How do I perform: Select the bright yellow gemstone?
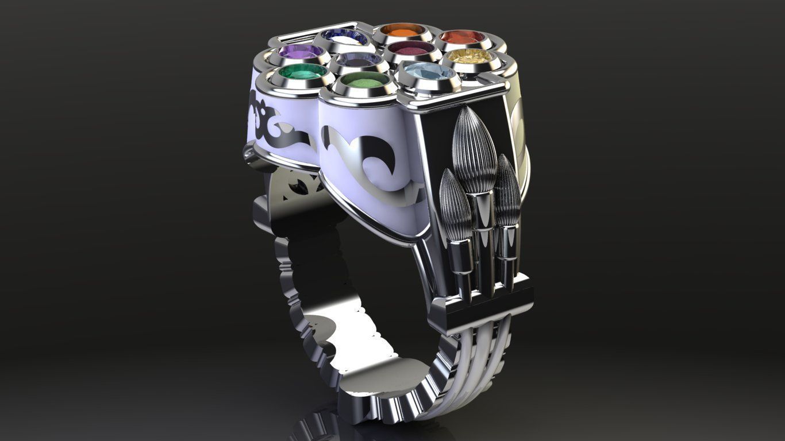tap(475, 56)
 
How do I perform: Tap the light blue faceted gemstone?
tap(429, 72)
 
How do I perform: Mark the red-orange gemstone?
tap(461, 37)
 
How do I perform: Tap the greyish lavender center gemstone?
tap(357, 59)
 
